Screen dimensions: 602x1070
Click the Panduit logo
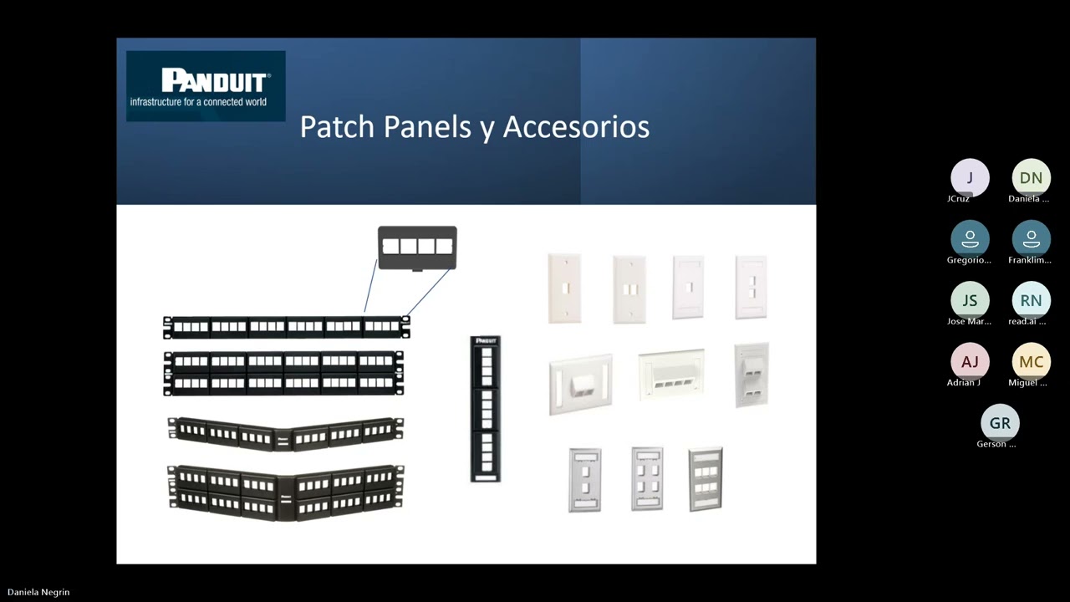[206, 86]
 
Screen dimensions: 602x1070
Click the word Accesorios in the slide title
[576, 127]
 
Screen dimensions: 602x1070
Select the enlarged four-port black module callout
[417, 247]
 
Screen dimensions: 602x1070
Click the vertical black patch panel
[485, 409]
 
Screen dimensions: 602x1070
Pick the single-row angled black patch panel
[285, 432]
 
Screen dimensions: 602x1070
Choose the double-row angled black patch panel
[285, 492]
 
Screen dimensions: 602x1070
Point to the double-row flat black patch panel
[284, 373]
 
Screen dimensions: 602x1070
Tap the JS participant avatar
[970, 300]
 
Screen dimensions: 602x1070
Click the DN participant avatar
[1031, 178]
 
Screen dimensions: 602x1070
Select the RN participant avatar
[1031, 300]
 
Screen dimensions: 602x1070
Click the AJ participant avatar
[970, 361]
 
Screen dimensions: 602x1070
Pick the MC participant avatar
[1031, 361]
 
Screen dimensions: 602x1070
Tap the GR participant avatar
[1000, 423]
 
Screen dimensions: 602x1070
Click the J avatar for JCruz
[970, 178]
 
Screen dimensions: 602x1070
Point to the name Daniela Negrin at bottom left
[38, 592]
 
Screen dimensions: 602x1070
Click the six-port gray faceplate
[647, 479]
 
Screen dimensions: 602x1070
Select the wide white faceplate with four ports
[671, 375]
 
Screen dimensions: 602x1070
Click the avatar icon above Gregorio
[970, 239]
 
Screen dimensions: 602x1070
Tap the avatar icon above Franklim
[1031, 239]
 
